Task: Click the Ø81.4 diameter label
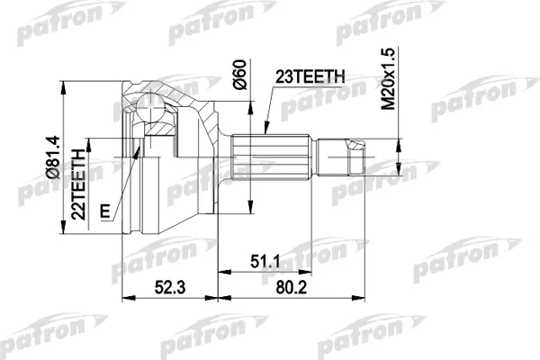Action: click(53, 157)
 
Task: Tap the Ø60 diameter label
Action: click(239, 75)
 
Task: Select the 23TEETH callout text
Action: click(310, 76)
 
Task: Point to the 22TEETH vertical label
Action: click(78, 184)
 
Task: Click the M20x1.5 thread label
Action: click(389, 78)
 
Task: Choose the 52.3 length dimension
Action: click(170, 287)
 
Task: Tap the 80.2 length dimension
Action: click(291, 287)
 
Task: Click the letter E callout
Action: click(105, 211)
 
